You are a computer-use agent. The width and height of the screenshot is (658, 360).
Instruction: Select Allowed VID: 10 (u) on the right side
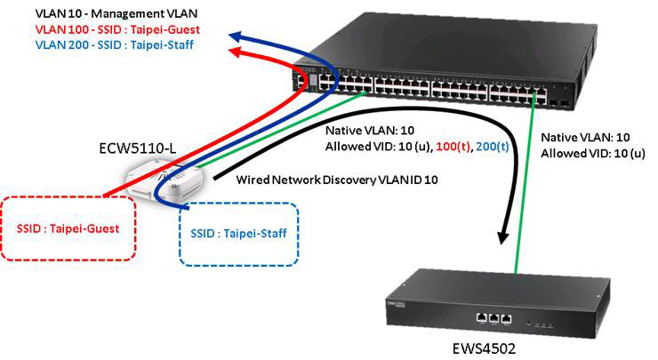pyautogui.click(x=595, y=155)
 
